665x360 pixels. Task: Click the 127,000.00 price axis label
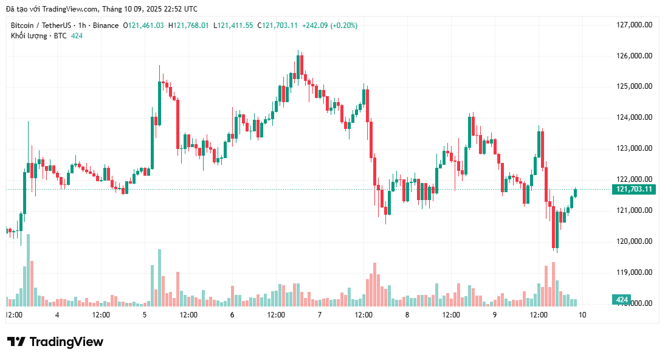tap(634, 25)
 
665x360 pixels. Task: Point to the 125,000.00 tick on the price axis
tap(634, 86)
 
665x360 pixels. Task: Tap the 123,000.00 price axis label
tap(634, 148)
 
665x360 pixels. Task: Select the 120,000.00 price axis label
tap(634, 241)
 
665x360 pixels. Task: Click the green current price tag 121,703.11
tap(635, 189)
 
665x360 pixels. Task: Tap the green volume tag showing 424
tap(622, 300)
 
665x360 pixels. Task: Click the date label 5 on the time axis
tap(145, 315)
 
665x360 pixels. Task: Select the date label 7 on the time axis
tap(320, 315)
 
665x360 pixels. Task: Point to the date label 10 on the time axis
tap(582, 315)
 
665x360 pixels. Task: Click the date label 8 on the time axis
tap(407, 315)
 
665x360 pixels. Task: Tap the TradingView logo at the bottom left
tap(55, 342)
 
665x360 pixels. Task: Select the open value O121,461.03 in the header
tap(143, 26)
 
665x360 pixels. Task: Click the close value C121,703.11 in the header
tap(278, 26)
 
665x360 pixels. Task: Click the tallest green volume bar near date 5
tap(159, 277)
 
